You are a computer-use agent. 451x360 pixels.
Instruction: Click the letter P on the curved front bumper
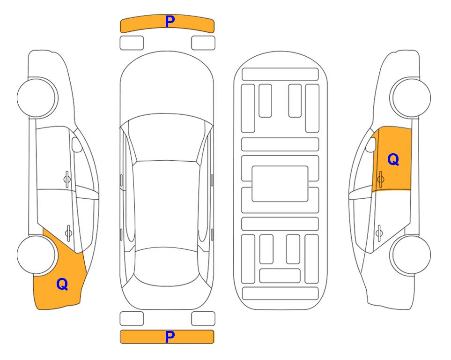[x=170, y=22]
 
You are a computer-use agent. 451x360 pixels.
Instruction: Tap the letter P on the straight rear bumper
[x=170, y=337]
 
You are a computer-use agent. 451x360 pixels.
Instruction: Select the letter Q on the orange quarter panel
[x=62, y=284]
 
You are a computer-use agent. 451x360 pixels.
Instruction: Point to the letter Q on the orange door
[x=393, y=159]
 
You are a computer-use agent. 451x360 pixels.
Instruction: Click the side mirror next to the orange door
[x=371, y=144]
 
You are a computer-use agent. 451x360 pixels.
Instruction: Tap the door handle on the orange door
[x=380, y=179]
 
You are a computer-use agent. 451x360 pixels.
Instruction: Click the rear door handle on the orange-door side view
[x=379, y=233]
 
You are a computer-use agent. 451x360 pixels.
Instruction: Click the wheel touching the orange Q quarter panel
[x=37, y=255]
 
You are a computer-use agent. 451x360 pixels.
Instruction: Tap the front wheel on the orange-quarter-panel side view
[x=37, y=97]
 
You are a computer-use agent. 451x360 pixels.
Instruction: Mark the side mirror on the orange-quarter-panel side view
[x=77, y=144]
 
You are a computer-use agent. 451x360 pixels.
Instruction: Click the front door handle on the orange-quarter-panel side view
[x=67, y=179]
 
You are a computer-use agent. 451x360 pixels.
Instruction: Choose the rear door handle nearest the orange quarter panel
[x=68, y=233]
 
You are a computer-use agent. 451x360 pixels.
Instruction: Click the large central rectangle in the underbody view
[x=280, y=184]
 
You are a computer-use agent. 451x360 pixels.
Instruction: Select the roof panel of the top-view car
[x=166, y=204]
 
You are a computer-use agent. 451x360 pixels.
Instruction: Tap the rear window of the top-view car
[x=166, y=266]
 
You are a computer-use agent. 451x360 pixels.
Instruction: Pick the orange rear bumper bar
[x=167, y=337]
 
